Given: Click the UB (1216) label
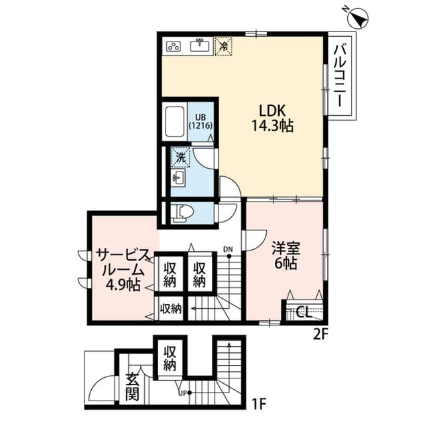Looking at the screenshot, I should point(200,119).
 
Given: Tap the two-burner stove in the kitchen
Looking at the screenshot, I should point(174,46).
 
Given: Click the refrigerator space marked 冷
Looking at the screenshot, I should point(223,46).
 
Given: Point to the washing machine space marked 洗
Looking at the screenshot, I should point(180,158).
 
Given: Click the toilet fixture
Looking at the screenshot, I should point(181,213).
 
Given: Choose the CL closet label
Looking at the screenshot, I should point(302,311).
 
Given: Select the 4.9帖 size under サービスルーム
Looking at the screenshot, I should point(123,285).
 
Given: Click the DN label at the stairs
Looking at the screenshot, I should point(228,250).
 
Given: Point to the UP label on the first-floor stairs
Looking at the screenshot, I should point(182,393).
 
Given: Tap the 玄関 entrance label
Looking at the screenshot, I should point(131,386).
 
